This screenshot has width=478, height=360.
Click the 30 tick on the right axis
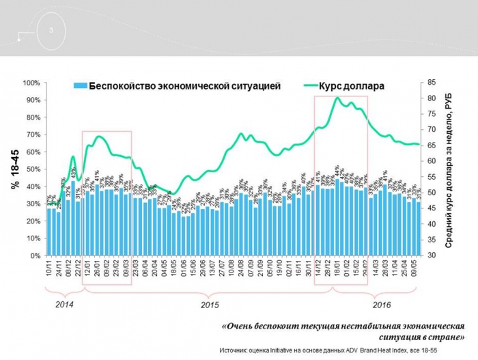(x=433, y=255)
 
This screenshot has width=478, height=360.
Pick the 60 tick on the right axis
(x=433, y=161)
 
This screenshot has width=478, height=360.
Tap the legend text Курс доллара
(x=354, y=87)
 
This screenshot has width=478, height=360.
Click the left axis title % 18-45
(x=16, y=169)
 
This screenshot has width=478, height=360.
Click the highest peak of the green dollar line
(x=337, y=98)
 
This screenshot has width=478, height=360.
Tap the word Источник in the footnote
(x=236, y=350)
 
